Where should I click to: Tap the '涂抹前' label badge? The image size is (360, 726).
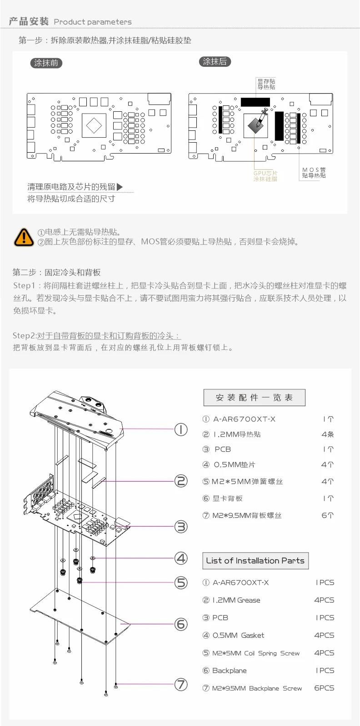pos(46,63)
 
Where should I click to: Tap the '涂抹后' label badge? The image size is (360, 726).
pos(215,61)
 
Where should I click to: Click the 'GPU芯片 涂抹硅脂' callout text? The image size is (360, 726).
pos(265,176)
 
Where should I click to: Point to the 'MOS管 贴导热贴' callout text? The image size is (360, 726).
pos(314,173)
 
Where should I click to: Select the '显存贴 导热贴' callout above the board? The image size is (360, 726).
pos(266,84)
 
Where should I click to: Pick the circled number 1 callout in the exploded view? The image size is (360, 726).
pos(181,429)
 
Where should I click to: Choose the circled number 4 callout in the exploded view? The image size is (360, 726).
pos(181,557)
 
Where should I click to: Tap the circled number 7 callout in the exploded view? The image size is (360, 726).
pos(181,684)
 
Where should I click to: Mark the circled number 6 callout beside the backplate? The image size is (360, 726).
pos(181,624)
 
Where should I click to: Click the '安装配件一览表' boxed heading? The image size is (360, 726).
pos(254,398)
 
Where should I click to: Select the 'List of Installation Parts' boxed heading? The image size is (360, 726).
pos(255,561)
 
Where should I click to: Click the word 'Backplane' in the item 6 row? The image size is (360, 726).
pos(230,671)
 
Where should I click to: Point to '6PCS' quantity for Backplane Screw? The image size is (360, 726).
pos(324,688)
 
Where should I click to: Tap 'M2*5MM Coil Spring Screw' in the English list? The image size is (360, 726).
pos(256,653)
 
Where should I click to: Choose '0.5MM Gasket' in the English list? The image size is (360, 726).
pos(238,635)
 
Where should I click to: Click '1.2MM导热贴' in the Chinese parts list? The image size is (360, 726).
pos(237,434)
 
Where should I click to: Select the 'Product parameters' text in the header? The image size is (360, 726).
pos(93,22)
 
